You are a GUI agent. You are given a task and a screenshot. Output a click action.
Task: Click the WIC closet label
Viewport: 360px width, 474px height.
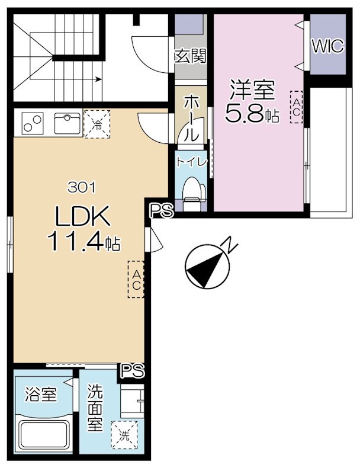tap(327, 46)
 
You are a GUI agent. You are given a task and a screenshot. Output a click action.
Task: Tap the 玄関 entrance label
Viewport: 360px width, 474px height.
tap(191, 56)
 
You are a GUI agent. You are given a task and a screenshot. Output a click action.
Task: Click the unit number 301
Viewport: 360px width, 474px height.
tap(82, 188)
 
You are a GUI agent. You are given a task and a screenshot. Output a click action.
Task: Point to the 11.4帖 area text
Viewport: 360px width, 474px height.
tap(83, 242)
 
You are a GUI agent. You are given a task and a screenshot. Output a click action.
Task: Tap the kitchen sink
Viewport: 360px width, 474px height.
tap(67, 123)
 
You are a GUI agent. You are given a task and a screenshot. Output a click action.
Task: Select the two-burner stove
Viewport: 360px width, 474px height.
tap(33, 123)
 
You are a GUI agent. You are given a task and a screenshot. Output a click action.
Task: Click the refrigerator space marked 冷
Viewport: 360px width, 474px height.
tap(97, 124)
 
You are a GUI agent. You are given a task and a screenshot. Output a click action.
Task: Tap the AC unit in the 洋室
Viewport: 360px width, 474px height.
tap(296, 107)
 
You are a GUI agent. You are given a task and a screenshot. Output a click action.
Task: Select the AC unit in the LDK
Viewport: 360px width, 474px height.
tap(136, 280)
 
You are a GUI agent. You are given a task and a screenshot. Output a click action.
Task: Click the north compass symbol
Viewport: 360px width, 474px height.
tap(208, 266)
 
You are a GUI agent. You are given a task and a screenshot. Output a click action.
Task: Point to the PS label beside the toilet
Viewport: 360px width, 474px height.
tap(162, 210)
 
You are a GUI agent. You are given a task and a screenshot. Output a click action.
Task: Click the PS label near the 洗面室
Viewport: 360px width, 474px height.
tap(132, 370)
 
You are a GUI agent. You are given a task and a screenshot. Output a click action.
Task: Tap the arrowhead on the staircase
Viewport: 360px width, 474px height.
tap(98, 79)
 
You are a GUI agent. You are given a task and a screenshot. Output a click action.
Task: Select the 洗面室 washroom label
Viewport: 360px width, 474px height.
tap(95, 408)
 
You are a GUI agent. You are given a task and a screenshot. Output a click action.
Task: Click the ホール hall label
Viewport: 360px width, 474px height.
tap(191, 118)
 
